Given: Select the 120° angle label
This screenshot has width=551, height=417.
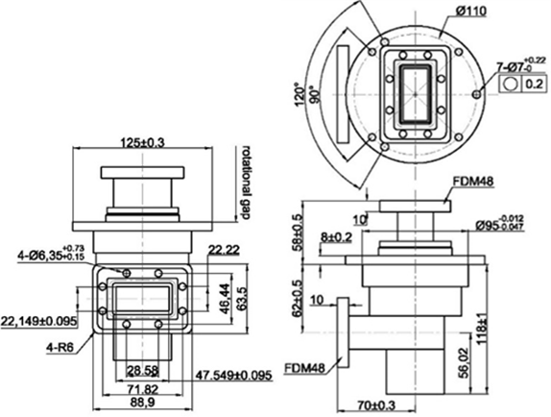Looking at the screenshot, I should (300, 95).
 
